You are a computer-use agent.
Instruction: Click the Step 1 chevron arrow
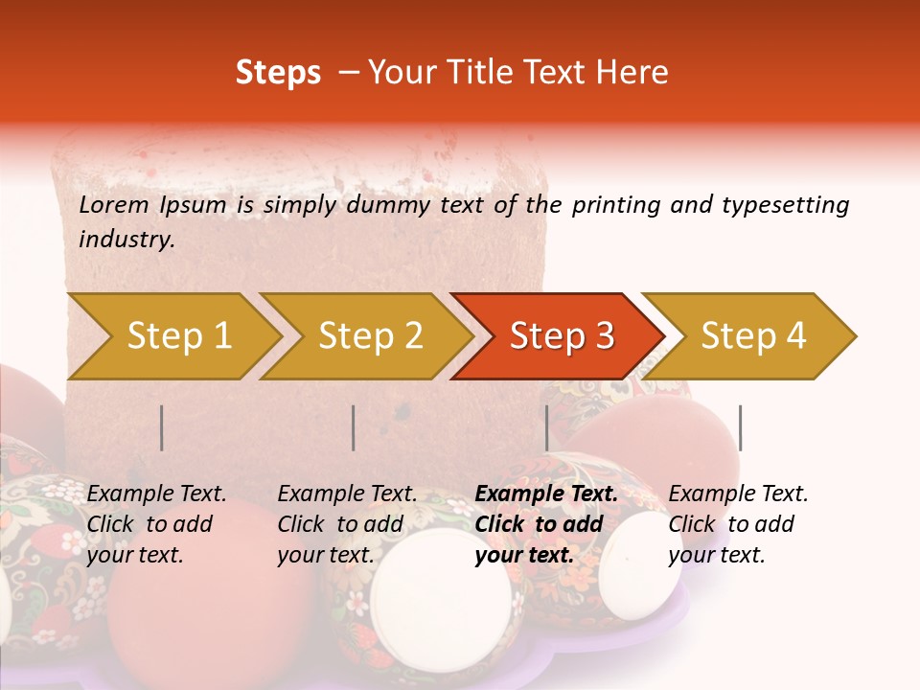tap(178, 336)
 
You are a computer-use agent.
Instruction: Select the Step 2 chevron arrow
tap(370, 336)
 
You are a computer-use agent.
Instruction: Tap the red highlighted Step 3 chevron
tap(561, 336)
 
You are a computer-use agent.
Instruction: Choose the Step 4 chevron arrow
tap(753, 336)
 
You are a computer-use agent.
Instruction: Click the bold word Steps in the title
tap(278, 73)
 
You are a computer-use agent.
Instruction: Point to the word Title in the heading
tap(471, 73)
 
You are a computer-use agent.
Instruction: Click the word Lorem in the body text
tap(113, 205)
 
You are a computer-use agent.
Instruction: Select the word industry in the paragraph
tap(126, 240)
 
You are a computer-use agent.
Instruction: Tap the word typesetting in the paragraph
tap(785, 205)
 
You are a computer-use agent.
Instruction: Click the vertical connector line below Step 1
tap(162, 427)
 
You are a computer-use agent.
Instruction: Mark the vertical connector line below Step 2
tap(354, 427)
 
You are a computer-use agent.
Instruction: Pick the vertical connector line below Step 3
tap(546, 427)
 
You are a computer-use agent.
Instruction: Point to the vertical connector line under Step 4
tap(740, 427)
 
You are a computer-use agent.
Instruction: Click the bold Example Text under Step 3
tap(546, 494)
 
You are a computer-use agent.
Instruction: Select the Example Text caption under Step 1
tap(156, 494)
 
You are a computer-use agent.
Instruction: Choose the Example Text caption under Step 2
tap(347, 494)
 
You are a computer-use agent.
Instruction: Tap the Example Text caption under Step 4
tap(738, 494)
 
